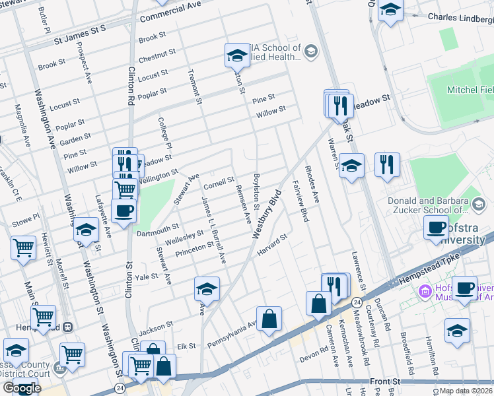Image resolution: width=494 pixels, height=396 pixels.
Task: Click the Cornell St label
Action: pyautogui.click(x=219, y=181)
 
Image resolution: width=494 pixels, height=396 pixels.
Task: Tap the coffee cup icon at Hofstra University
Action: pyautogui.click(x=436, y=228)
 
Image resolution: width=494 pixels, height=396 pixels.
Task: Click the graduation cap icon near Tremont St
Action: pyautogui.click(x=236, y=55)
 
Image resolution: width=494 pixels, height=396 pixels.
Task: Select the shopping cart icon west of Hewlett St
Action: pyautogui.click(x=23, y=248)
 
